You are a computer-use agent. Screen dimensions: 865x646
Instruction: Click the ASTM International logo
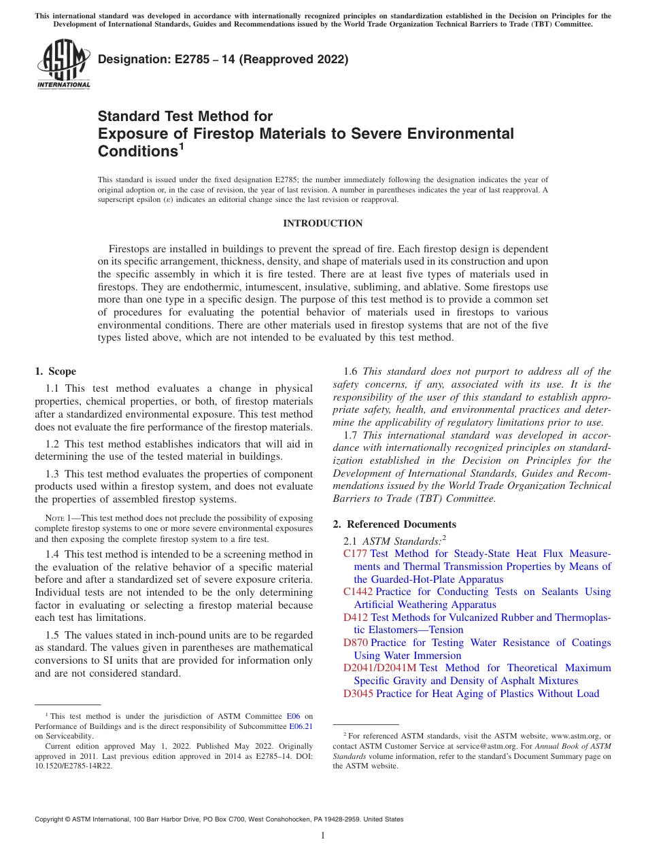pyautogui.click(x=63, y=65)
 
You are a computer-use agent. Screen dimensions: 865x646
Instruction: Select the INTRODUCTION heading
pyautogui.click(x=322, y=223)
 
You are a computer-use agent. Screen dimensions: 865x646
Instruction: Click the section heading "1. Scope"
pyautogui.click(x=55, y=371)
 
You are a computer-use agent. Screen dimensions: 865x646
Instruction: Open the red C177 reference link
pyautogui.click(x=355, y=554)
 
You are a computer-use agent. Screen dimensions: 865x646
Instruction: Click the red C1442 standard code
pyautogui.click(x=358, y=592)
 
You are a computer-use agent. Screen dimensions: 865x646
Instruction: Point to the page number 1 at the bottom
pyautogui.click(x=323, y=835)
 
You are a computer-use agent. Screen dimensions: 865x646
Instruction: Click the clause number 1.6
pyautogui.click(x=351, y=371)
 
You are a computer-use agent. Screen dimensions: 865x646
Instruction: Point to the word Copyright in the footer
pyautogui.click(x=51, y=819)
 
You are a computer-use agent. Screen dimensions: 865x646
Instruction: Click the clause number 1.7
pyautogui.click(x=351, y=435)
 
